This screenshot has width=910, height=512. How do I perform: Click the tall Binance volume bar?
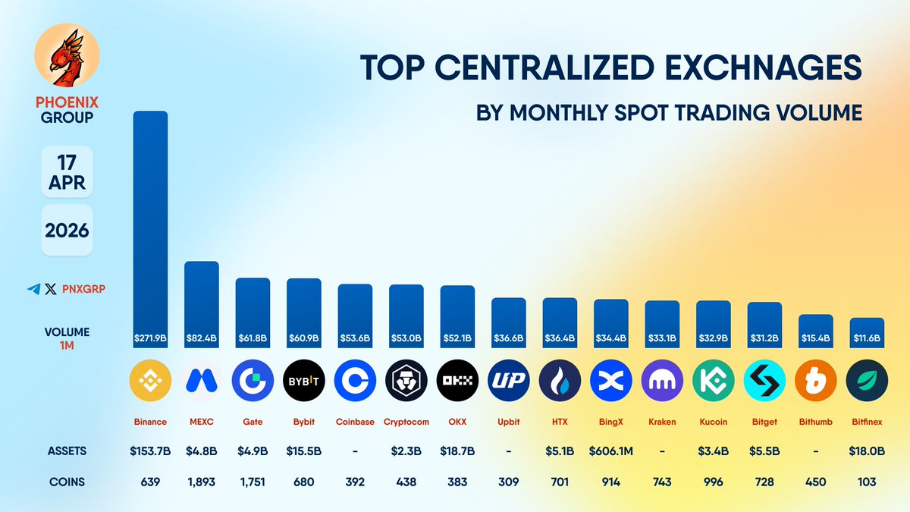[x=150, y=228]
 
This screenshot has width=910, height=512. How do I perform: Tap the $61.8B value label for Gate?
[x=253, y=337]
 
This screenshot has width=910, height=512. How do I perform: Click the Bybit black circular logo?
[x=303, y=381]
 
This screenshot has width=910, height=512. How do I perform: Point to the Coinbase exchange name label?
[x=355, y=422]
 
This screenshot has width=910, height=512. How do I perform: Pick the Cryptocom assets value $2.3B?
[x=406, y=451]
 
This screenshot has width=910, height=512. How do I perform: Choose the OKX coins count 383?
[x=457, y=482]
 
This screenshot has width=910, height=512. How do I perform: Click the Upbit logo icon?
[x=508, y=381]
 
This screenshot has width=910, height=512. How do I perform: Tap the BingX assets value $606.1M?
[x=610, y=451]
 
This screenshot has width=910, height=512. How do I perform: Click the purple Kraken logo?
[x=662, y=381]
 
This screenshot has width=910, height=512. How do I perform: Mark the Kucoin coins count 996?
[x=713, y=482]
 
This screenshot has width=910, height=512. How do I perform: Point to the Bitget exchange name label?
[x=764, y=422]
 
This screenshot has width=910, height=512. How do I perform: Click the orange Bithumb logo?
[x=815, y=381]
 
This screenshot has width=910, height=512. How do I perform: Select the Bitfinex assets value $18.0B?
[x=867, y=451]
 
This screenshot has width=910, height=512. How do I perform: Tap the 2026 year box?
[x=67, y=230]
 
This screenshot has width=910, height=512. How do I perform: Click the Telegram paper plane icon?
[x=33, y=289]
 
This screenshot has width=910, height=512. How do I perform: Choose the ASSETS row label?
[x=67, y=451]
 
